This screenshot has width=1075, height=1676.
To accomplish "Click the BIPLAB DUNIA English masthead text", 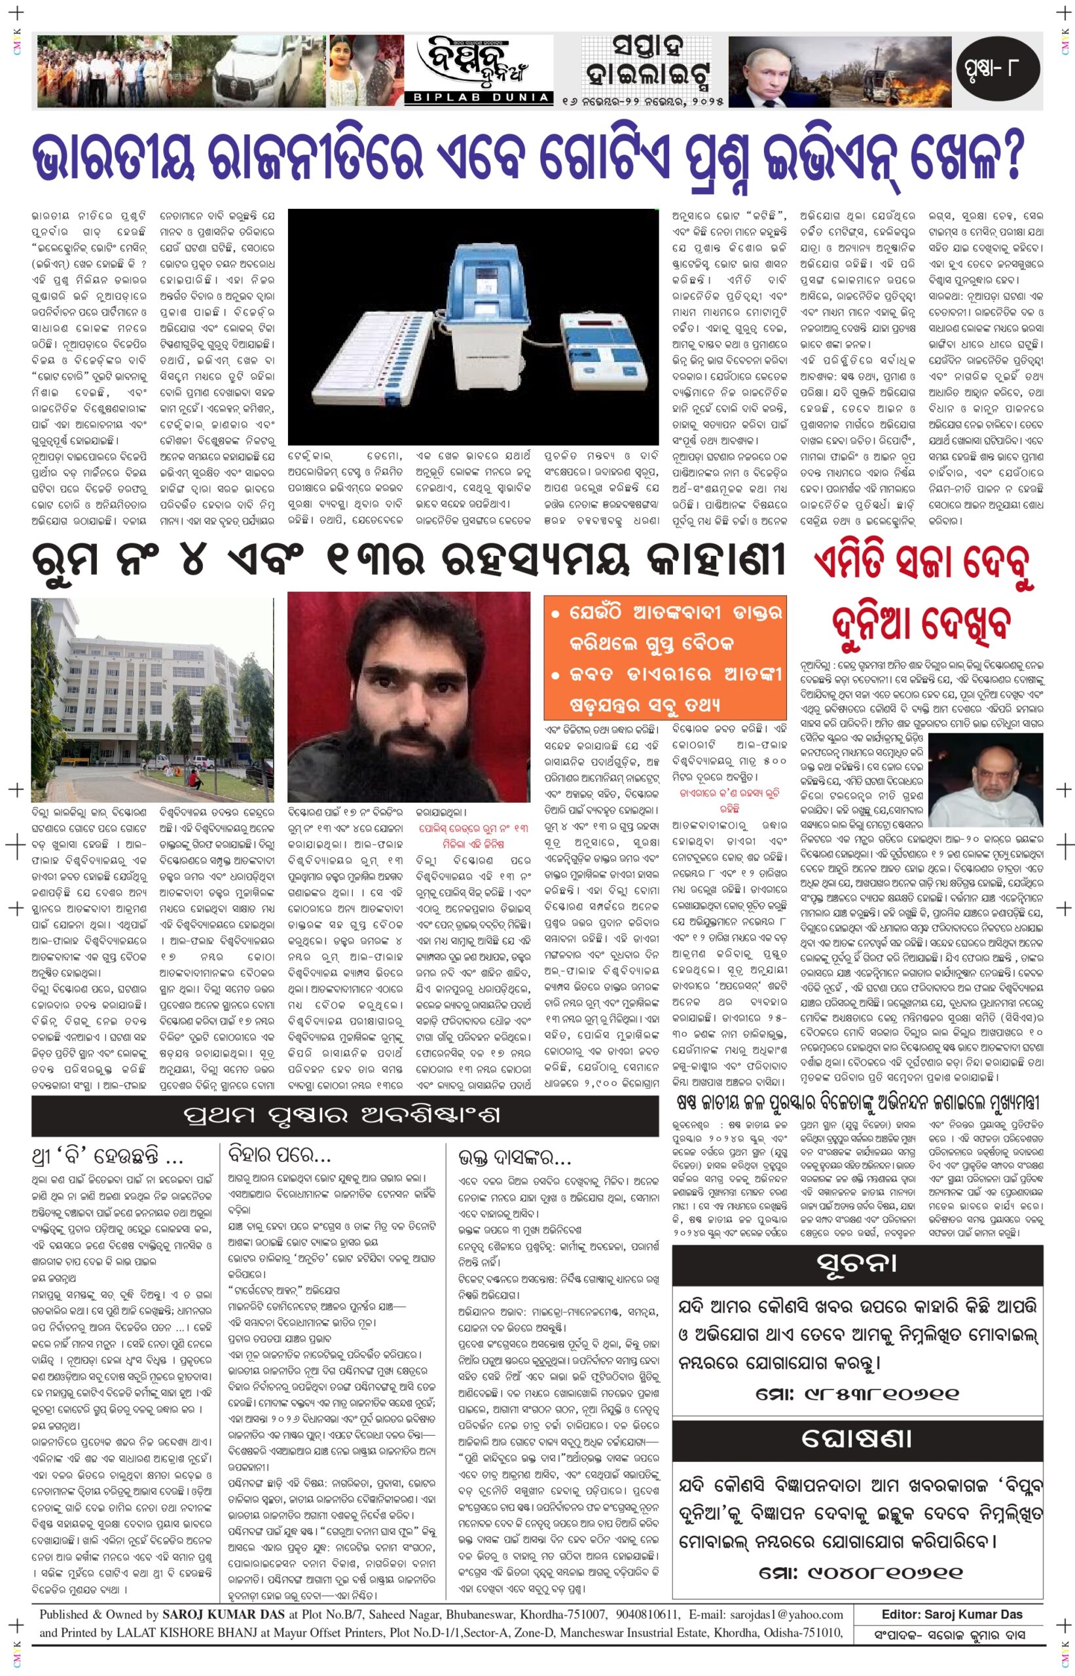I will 481,98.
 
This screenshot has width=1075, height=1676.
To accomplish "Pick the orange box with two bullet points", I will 665,657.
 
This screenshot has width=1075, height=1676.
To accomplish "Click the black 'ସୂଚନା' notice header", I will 857,1263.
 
